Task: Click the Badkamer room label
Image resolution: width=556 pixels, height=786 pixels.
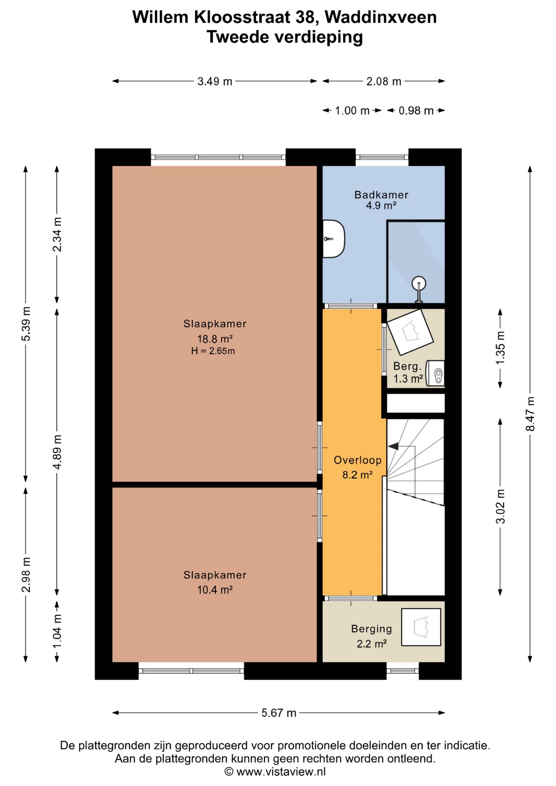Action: point(381,194)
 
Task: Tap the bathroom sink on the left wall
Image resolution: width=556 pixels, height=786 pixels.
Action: point(334,239)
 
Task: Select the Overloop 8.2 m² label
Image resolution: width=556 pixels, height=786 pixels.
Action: point(357,467)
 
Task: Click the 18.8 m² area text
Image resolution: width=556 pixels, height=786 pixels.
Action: point(215,339)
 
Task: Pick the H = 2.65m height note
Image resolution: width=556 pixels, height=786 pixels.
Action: point(213,351)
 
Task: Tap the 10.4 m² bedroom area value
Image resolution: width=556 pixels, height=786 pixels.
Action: point(215,590)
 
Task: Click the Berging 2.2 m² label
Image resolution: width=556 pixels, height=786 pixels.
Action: point(371,636)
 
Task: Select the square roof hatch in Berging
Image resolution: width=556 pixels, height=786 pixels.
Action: point(421,627)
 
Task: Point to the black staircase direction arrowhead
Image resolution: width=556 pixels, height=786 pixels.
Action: point(393,446)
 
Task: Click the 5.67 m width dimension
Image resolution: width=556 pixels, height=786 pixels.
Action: point(279,713)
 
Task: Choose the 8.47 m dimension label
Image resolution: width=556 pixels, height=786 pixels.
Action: point(530,414)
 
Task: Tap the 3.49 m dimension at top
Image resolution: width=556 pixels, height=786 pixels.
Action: point(215,81)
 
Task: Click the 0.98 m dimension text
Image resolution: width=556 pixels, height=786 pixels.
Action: point(416,111)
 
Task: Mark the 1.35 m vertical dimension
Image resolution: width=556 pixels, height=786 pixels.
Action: point(500,348)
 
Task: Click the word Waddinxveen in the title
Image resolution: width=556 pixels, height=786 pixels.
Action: point(381,17)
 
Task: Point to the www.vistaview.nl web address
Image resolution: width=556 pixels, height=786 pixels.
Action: point(281,772)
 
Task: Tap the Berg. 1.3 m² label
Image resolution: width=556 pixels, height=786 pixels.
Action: point(408,373)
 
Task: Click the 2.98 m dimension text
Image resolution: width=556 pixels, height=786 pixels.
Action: point(26,575)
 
